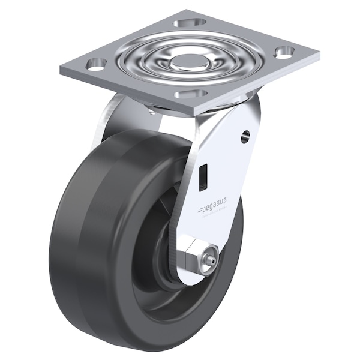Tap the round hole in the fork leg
pos(245,137)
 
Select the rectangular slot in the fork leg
pos(202,175)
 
